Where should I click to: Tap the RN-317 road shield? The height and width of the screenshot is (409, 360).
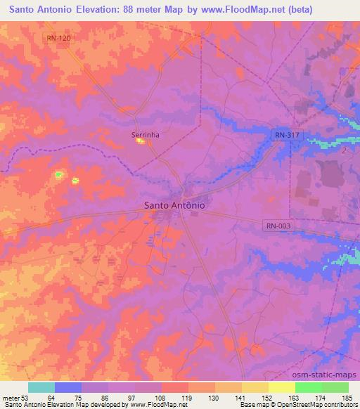point(283,134)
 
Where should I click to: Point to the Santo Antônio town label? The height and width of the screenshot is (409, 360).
point(174,205)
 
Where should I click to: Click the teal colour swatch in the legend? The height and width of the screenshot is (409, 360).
point(41,387)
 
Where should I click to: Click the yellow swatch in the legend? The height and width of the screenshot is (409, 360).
point(281,387)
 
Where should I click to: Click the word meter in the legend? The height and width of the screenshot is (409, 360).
point(10,398)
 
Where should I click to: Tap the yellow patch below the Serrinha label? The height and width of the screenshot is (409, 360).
point(141,142)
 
